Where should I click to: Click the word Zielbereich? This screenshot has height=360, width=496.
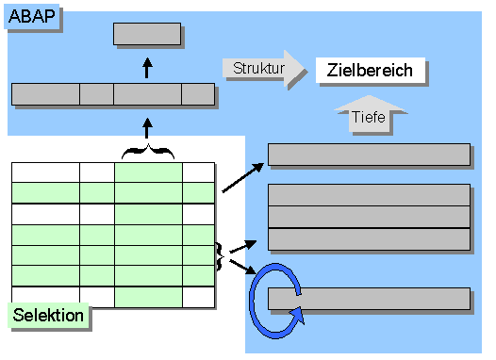370,70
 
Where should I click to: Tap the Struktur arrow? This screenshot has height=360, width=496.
264,68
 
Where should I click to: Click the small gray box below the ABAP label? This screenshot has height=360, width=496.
147,34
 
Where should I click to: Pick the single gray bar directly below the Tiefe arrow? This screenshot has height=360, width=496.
369,155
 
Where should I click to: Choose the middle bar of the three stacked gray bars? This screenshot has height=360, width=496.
369,217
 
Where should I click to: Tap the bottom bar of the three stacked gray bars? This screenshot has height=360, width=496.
369,238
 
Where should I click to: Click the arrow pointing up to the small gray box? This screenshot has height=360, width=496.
147,67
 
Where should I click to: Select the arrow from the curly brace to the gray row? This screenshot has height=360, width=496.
147,126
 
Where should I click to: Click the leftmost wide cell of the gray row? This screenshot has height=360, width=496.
45,94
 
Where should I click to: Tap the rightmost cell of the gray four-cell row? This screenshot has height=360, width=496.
198,94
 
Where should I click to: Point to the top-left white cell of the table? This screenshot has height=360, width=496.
45,172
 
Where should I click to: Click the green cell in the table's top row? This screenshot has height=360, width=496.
148,172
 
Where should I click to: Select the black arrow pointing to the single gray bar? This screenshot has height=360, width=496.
243,177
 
